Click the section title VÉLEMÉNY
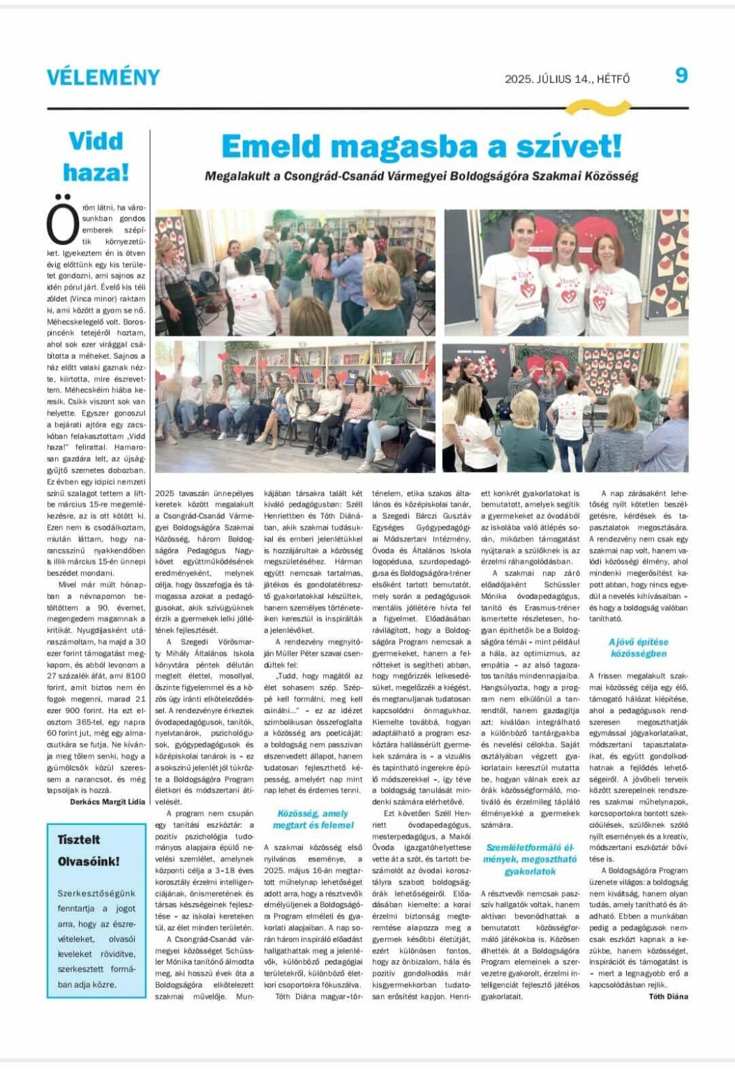[x=103, y=77]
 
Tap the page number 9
[x=681, y=75]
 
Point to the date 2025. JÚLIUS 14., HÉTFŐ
[x=567, y=80]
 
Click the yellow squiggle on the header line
[x=597, y=107]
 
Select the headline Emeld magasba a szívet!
[x=421, y=147]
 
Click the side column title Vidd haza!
[x=96, y=156]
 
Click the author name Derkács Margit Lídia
[x=107, y=802]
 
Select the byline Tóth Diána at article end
[x=668, y=997]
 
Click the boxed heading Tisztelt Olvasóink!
[x=89, y=850]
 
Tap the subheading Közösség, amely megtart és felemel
[x=313, y=819]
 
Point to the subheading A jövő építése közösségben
[x=638, y=648]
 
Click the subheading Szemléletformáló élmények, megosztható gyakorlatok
[x=530, y=859]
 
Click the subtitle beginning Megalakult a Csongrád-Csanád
[x=421, y=177]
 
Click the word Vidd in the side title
[x=96, y=141]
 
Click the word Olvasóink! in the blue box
[x=89, y=861]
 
